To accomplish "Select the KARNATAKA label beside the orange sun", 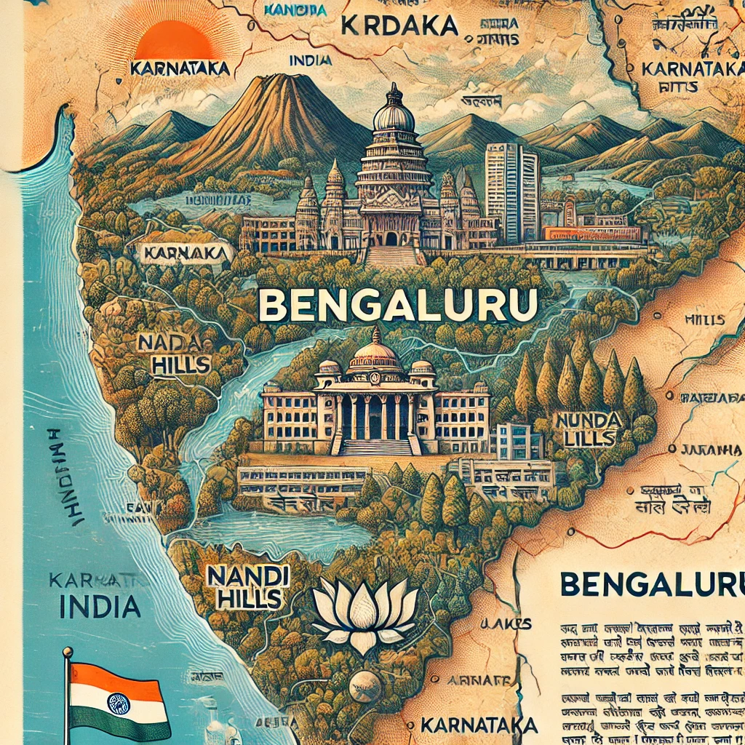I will point(179,69).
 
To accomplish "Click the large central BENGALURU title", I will point(398,306).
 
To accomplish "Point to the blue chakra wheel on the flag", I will point(118,702).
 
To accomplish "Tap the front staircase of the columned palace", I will point(375,446).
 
